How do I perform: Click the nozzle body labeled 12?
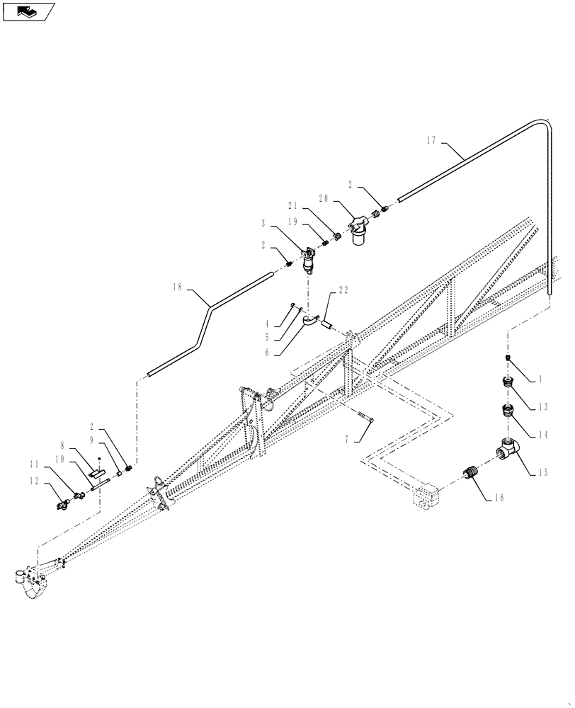point(63,504)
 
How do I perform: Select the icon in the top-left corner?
point(28,11)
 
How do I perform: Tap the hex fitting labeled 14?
point(508,411)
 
